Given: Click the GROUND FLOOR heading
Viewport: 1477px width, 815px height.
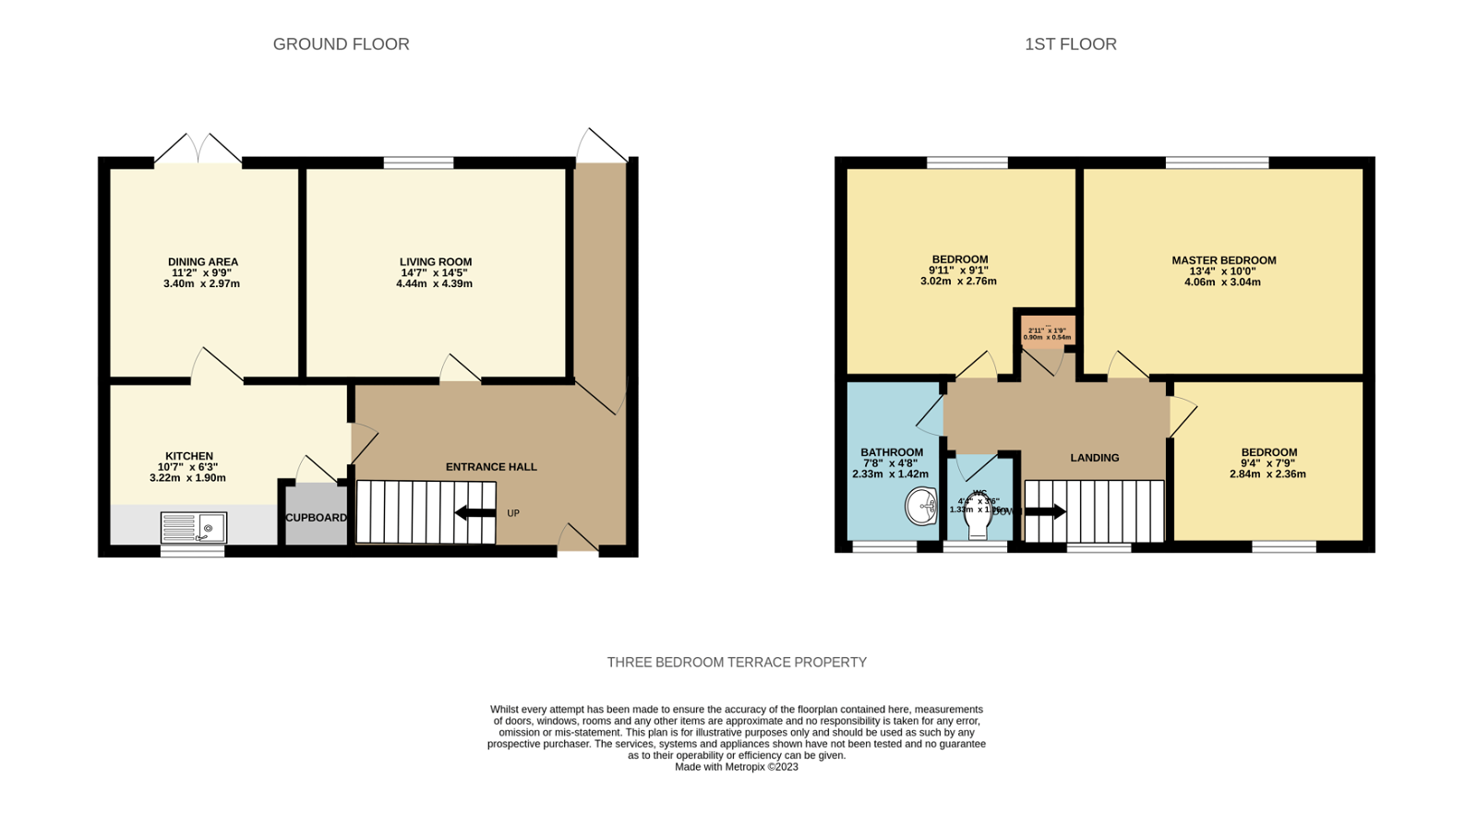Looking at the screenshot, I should (x=341, y=44).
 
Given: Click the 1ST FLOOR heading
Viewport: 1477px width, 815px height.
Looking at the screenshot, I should (x=1070, y=44).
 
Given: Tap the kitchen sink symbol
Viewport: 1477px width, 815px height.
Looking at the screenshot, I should (x=194, y=527).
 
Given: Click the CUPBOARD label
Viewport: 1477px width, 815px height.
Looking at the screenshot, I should (x=316, y=518).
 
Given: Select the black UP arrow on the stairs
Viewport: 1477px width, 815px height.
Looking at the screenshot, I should (x=475, y=513).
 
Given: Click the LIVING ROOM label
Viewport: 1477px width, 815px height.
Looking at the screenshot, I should (x=435, y=262).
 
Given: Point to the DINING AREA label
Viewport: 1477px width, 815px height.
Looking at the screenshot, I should (x=202, y=262).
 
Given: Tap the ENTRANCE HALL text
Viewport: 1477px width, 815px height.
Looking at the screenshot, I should (x=491, y=467).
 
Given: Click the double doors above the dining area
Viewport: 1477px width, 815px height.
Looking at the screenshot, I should (x=198, y=150).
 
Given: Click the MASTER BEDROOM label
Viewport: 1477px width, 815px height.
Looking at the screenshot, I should (x=1223, y=260).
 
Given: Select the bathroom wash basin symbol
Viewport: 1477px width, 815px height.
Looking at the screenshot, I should (x=920, y=507).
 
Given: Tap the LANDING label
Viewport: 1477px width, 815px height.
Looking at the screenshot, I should (x=1094, y=458).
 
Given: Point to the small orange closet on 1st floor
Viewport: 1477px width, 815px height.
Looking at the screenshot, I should (x=1047, y=330).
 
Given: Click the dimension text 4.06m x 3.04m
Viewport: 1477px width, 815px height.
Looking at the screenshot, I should (x=1222, y=282).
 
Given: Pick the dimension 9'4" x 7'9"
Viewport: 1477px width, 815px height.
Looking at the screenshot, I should (x=1268, y=463).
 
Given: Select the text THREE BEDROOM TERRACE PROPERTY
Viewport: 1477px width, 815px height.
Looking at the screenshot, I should (x=737, y=663).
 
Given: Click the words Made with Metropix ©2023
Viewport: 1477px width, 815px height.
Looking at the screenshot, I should (x=736, y=767).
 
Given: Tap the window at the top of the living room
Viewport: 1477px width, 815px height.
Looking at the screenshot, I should (x=418, y=163).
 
